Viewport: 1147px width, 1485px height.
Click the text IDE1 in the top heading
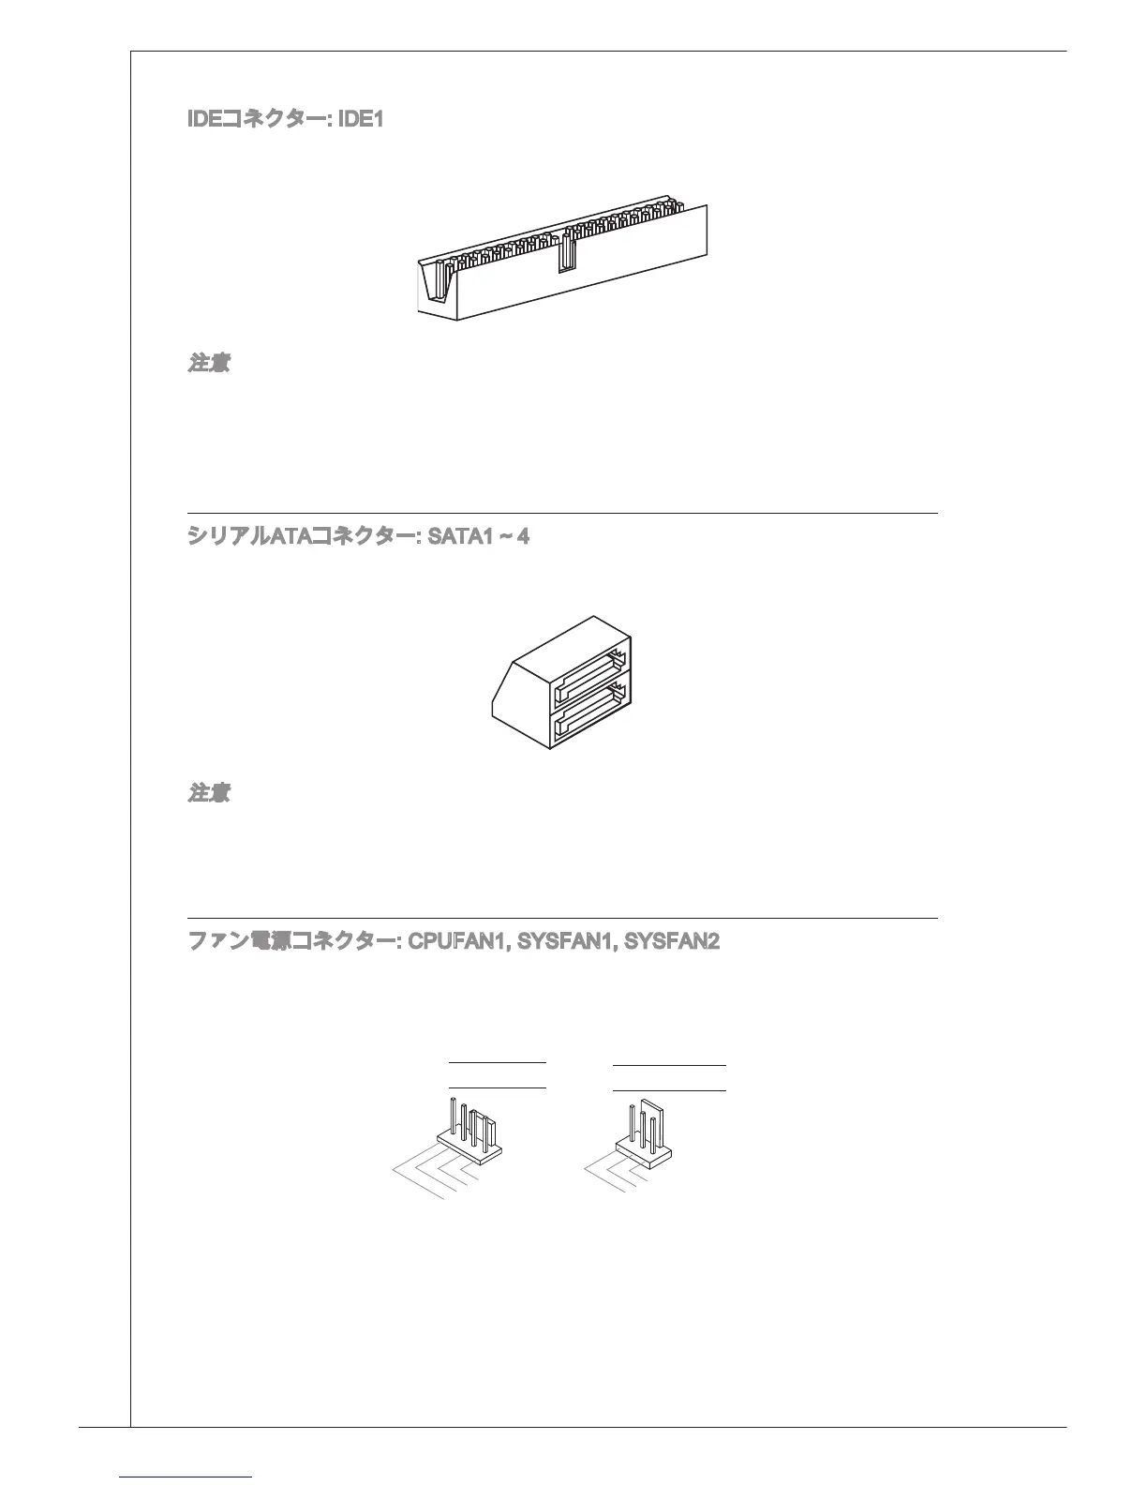360,121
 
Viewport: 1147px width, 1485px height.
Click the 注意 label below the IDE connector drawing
209,364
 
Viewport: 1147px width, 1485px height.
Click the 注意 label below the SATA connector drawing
209,794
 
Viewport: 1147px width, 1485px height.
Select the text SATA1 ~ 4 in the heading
478,537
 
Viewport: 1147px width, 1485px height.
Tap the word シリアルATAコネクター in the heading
302,537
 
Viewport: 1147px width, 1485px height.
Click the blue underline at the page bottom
186,1477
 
